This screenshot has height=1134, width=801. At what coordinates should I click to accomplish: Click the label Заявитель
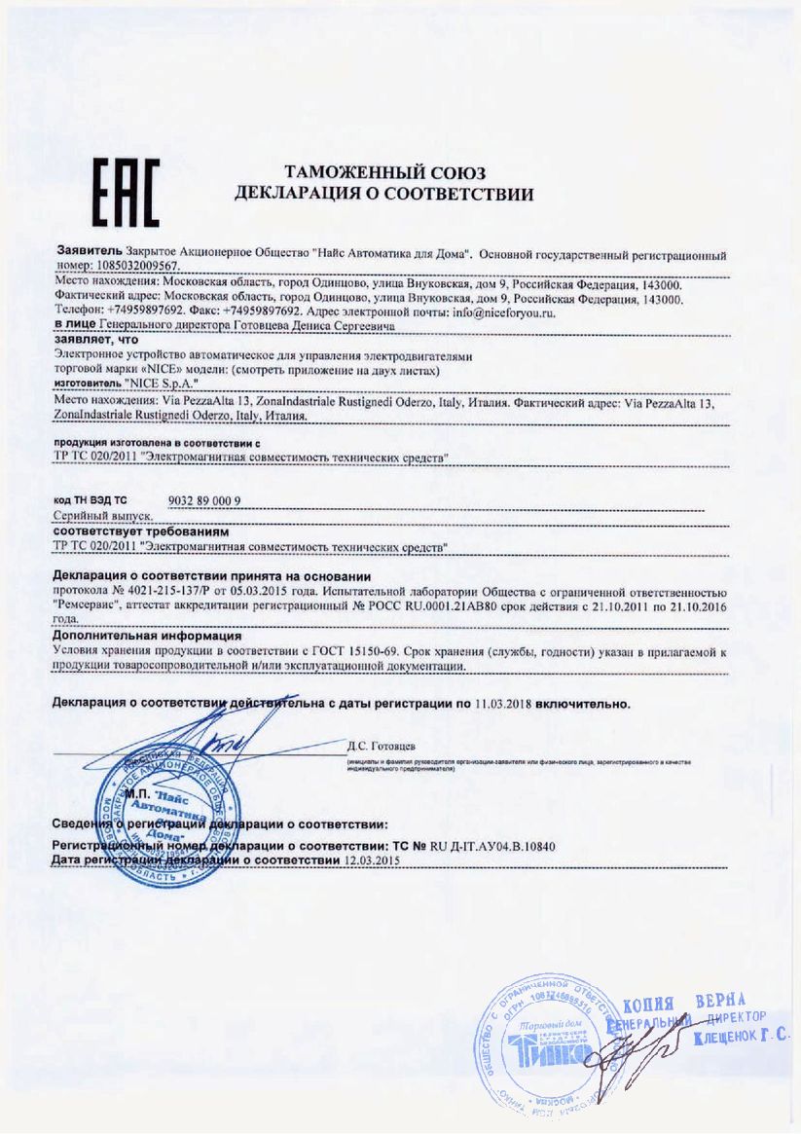point(88,252)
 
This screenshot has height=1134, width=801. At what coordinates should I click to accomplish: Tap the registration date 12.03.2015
point(374,860)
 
